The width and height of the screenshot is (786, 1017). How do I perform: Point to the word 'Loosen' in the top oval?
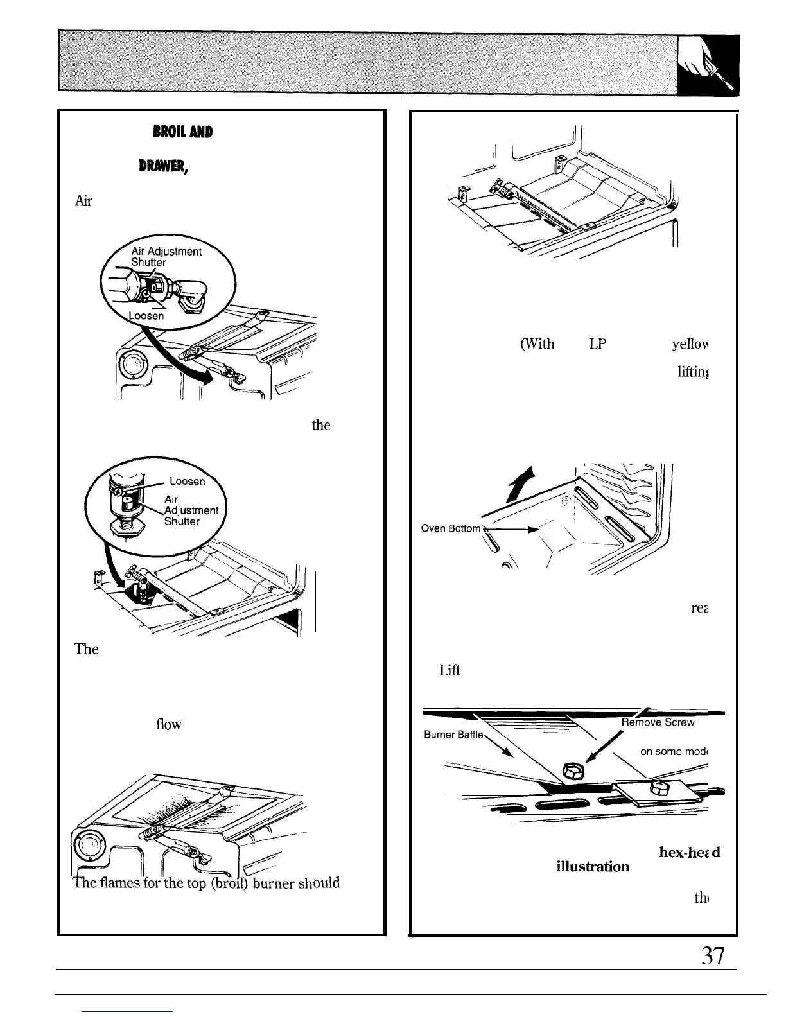146,316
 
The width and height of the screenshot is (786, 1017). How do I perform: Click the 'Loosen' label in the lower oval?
188,481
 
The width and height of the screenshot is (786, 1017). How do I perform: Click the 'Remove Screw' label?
658,722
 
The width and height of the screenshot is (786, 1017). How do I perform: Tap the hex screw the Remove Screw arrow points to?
570,769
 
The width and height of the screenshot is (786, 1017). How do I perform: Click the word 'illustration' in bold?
592,866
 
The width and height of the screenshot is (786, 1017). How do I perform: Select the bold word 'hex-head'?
689,852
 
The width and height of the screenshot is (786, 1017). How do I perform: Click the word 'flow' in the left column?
168,724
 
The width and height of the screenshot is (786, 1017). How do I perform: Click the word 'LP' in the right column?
598,343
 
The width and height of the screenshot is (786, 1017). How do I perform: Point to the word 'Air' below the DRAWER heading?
84,201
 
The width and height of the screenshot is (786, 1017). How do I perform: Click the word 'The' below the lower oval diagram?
86,648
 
